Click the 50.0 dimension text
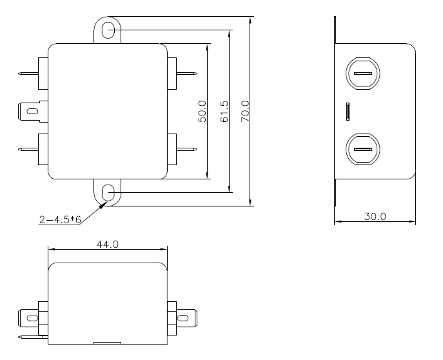click(x=202, y=112)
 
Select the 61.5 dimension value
click(x=224, y=112)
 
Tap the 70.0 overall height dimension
click(x=245, y=112)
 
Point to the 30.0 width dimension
click(x=375, y=217)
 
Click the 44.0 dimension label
click(x=108, y=244)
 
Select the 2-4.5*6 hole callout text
click(x=60, y=219)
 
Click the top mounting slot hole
click(x=108, y=30)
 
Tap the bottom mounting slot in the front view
click(x=108, y=193)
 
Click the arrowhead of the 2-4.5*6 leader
click(x=102, y=206)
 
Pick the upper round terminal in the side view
click(x=363, y=74)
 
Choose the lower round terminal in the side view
click(x=363, y=149)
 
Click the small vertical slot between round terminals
click(x=348, y=112)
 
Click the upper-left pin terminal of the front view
click(x=28, y=74)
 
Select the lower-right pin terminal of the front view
click(x=187, y=149)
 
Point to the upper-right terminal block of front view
click(x=172, y=74)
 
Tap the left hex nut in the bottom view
click(x=43, y=318)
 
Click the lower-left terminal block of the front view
click(x=43, y=149)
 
